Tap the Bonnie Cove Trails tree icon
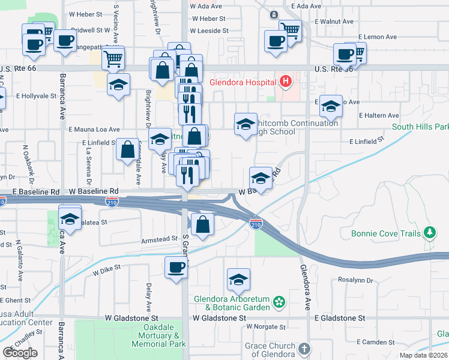[429, 232]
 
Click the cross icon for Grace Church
[304, 349]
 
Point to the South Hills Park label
[420, 127]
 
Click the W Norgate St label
[265, 327]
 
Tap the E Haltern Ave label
[378, 115]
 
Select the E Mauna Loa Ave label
[94, 129]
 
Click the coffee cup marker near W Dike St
[176, 268]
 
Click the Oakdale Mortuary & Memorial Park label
[158, 335]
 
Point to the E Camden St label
[375, 341]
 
